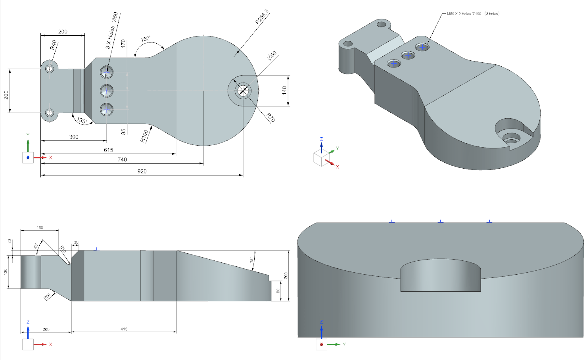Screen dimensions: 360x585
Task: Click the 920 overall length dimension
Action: click(x=142, y=171)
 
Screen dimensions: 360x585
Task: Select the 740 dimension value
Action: click(x=122, y=160)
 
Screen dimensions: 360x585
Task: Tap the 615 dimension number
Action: click(x=108, y=150)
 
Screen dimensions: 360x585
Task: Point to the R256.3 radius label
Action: click(x=262, y=17)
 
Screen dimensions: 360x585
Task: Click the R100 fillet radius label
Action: click(x=144, y=136)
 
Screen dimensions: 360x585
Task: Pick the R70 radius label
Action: click(x=270, y=117)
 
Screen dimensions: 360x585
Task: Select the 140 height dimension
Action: click(x=284, y=90)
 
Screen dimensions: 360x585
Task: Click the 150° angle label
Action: click(x=146, y=39)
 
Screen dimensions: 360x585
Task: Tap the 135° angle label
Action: click(x=82, y=121)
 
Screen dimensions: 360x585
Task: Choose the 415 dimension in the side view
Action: click(x=124, y=329)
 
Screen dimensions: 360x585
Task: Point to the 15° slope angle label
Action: click(x=251, y=260)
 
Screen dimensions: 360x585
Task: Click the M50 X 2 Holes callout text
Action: click(x=473, y=14)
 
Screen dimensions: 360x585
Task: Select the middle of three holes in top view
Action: click(x=106, y=91)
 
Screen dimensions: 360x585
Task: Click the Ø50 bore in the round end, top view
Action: click(x=242, y=91)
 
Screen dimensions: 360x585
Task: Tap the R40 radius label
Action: click(x=53, y=45)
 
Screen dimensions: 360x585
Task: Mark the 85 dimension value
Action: click(x=123, y=131)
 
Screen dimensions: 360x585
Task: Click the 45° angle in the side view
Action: click(x=36, y=246)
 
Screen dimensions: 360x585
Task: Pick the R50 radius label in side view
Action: click(x=47, y=296)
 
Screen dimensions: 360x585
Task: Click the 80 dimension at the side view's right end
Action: click(x=278, y=291)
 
